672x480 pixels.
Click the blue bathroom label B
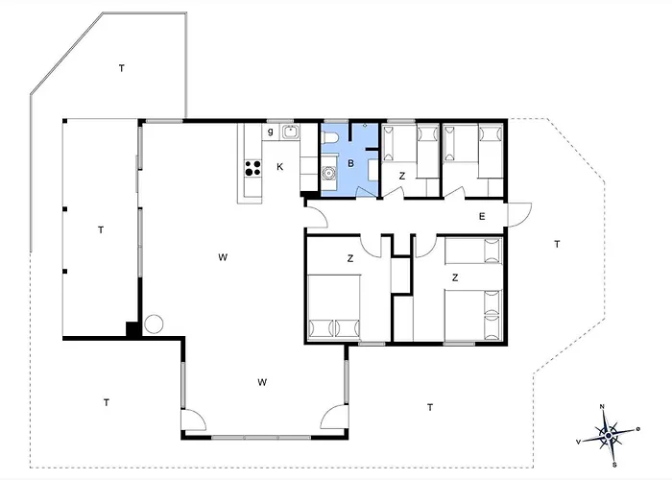(x=351, y=163)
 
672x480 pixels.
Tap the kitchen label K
(x=280, y=167)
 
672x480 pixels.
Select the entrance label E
(x=482, y=216)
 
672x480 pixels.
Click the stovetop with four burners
(x=252, y=168)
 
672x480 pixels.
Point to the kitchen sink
(x=291, y=132)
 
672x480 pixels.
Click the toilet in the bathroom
(x=331, y=137)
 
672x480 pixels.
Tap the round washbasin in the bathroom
(x=328, y=173)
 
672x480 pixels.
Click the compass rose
(x=609, y=436)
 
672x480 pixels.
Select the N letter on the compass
(x=602, y=407)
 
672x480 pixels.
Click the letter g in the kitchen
(x=270, y=132)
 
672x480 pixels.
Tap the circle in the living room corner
(x=154, y=324)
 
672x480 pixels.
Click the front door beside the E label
(x=519, y=214)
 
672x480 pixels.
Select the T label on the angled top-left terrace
(x=122, y=68)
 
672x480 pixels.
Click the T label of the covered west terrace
(x=101, y=230)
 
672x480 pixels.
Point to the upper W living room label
(x=223, y=257)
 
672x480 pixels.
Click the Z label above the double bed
(x=350, y=258)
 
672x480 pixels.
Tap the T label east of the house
(x=557, y=244)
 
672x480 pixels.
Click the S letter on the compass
(x=614, y=465)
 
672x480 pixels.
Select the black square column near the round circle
(x=132, y=329)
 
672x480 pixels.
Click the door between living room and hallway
(x=316, y=216)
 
